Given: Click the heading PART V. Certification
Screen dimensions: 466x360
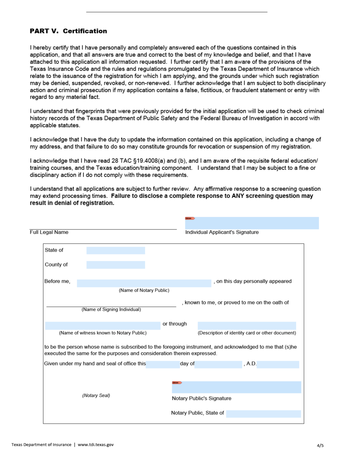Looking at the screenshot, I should tap(68, 31).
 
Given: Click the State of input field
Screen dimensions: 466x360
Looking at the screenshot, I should tap(116, 250).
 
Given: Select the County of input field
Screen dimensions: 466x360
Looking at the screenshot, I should tap(116, 265).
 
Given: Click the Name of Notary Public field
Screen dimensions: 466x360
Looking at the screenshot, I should tap(144, 283).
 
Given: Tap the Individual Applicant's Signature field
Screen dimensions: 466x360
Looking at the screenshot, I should tap(252, 223).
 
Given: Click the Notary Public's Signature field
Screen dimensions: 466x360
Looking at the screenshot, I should tap(236, 387).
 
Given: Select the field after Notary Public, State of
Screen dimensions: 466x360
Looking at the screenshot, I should tap(263, 414).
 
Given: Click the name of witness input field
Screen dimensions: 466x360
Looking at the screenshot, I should tap(103, 325).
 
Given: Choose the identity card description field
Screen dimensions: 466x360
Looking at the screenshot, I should tap(247, 325).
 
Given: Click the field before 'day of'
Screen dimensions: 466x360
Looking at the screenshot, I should tap(163, 364).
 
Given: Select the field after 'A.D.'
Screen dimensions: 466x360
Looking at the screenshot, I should tap(278, 364).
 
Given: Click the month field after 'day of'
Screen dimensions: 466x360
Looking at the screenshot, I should tap(218, 364).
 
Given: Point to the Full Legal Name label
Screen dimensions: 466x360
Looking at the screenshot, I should tap(49, 232).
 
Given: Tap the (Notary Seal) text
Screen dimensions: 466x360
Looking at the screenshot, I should tap(96, 395).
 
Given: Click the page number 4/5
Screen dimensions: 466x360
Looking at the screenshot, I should tap(320, 446).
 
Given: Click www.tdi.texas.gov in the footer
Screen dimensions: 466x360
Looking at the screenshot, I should tap(95, 445).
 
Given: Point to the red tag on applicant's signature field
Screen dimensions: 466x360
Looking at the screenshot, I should tap(190, 218).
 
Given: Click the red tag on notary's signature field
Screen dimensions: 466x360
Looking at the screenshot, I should tap(177, 383).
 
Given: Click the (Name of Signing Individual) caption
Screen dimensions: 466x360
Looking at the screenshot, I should tap(111, 309).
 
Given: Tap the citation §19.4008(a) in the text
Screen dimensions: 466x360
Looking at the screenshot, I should tap(144, 161).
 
